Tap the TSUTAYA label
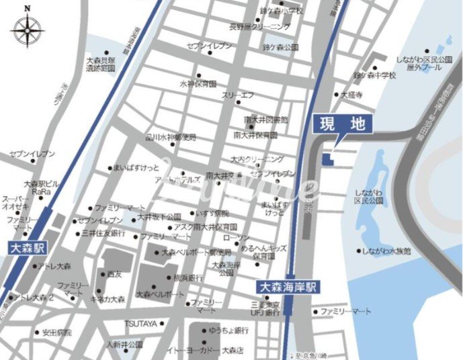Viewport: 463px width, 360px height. coord(140,324)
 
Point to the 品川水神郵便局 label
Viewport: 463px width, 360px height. coord(171,137)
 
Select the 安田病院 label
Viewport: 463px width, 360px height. coord(57,332)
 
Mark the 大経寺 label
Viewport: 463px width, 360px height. coord(352,95)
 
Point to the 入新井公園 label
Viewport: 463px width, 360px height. coord(124,345)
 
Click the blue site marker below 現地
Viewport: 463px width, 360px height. coord(327,159)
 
